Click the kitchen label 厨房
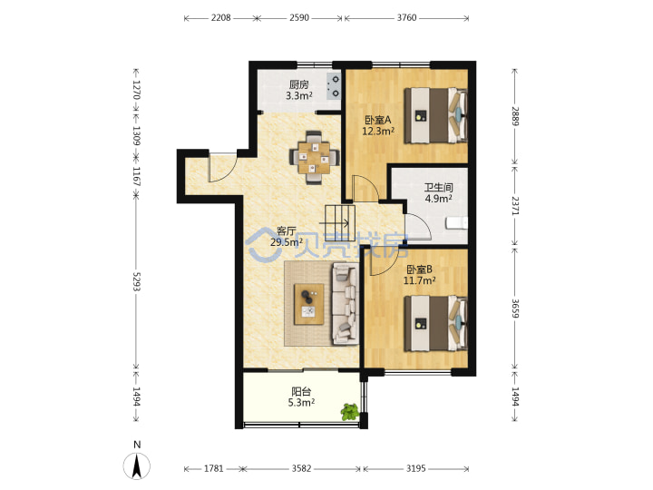coord(299,84)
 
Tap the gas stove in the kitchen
coord(335,86)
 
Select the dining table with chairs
coord(314,158)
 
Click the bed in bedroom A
coord(435,115)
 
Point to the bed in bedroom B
coord(435,323)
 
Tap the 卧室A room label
coord(377,121)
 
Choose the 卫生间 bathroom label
coord(439,188)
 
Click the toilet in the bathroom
coord(457,223)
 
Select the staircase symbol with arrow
coord(340,223)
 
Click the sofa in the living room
coord(346,304)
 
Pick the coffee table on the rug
coord(309,304)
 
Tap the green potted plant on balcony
coord(350,412)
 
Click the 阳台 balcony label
coord(301,392)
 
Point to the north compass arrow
coord(136,466)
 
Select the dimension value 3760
coord(406,17)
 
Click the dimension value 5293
coord(137,281)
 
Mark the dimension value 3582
coord(301,468)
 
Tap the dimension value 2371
coord(515,205)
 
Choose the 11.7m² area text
coord(419,280)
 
